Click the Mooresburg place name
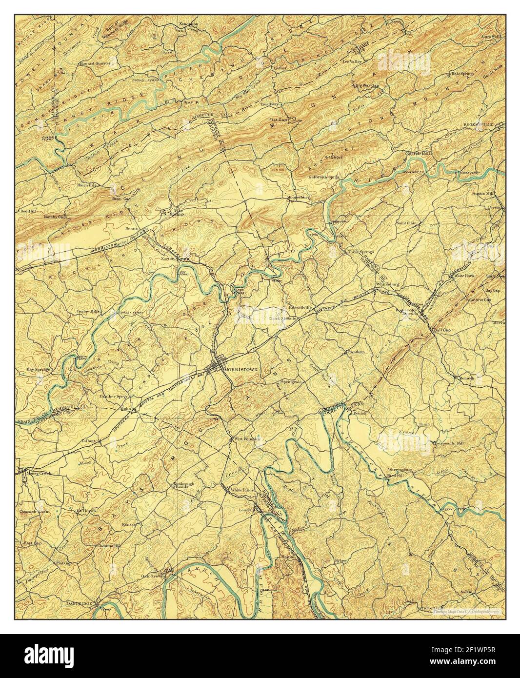click(x=299, y=197)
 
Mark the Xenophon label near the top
click(x=175, y=24)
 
